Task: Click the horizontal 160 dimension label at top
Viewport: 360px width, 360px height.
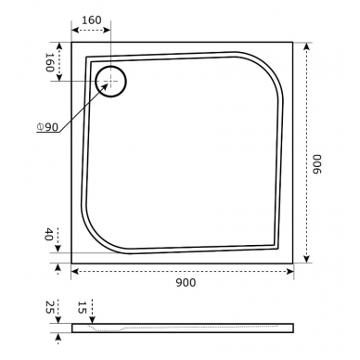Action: (x=92, y=20)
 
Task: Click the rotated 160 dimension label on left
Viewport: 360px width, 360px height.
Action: (x=50, y=62)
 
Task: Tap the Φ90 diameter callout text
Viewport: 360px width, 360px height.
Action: (x=47, y=127)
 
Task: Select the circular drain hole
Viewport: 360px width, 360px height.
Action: (x=110, y=82)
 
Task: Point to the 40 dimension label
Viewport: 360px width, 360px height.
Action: (x=48, y=234)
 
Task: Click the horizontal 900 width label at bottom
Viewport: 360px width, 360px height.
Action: (x=186, y=282)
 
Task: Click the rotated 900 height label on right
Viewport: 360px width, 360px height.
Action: (x=317, y=164)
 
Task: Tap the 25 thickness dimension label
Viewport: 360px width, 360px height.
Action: (x=50, y=307)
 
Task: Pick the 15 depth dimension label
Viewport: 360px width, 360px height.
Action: (x=82, y=307)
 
